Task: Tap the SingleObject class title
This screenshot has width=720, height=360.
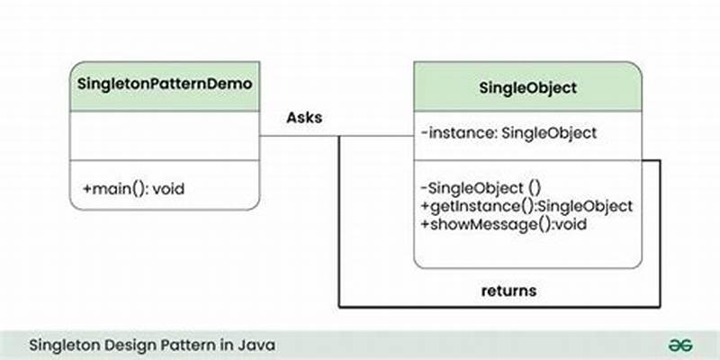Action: click(x=528, y=88)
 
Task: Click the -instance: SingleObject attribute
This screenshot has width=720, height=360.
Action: click(x=508, y=133)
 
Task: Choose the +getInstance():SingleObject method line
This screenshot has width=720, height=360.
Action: click(x=526, y=205)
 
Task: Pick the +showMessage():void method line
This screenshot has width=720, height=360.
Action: click(x=503, y=223)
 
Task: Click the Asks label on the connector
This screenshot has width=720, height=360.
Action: click(x=304, y=118)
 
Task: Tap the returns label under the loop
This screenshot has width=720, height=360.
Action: click(x=509, y=291)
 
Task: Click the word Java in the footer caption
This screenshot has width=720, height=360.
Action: click(x=258, y=345)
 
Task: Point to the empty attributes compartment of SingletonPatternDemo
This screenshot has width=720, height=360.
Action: click(x=165, y=138)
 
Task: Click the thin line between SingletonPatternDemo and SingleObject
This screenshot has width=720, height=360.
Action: click(x=297, y=137)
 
